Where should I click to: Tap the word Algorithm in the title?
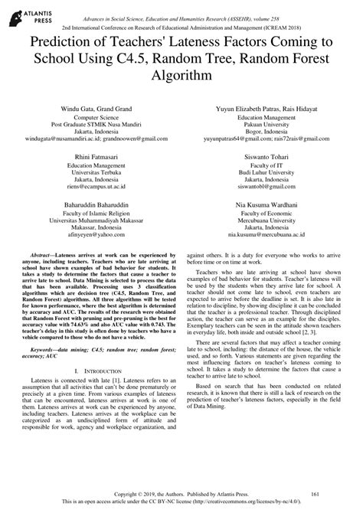pyautogui.click(x=181, y=77)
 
